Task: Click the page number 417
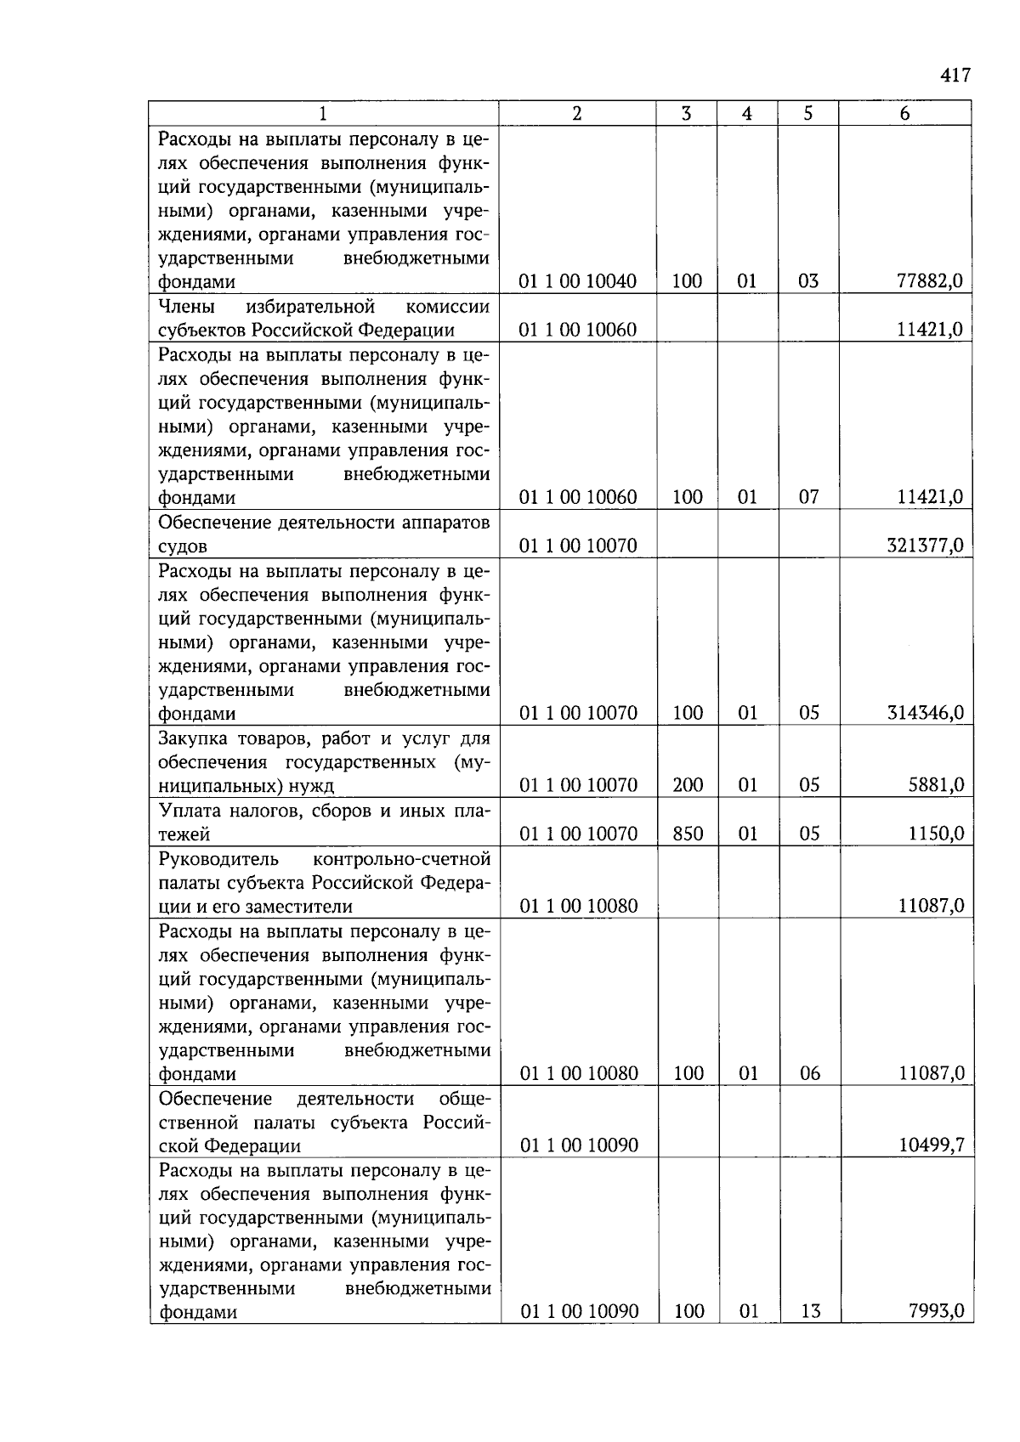[x=955, y=76]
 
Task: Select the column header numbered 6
[x=904, y=114]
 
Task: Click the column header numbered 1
[x=323, y=114]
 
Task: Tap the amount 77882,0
[x=930, y=281]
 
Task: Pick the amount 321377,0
[x=925, y=546]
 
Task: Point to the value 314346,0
[x=925, y=713]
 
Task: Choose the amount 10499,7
[x=931, y=1145]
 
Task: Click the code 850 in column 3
[x=688, y=834]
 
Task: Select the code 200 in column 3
[x=688, y=785]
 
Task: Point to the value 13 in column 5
[x=810, y=1311]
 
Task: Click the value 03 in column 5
[x=808, y=281]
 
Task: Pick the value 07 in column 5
[x=808, y=497]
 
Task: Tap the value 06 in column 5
[x=810, y=1073]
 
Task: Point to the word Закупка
[x=191, y=738]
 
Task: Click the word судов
[x=183, y=546]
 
